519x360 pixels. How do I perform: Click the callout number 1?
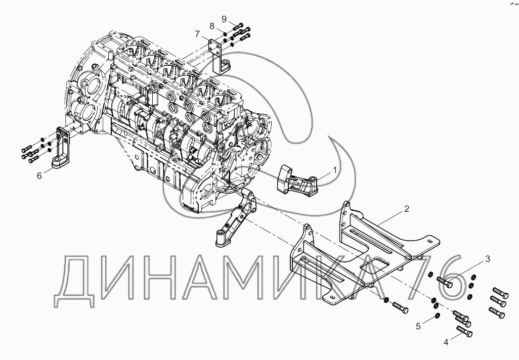click(x=334, y=171)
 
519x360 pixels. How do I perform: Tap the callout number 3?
click(x=488, y=259)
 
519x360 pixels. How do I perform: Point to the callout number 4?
click(x=446, y=342)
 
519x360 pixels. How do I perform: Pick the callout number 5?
click(x=418, y=326)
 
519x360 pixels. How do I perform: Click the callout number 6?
click(x=39, y=175)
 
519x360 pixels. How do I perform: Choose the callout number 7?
click(x=198, y=34)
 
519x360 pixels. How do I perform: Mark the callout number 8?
click(x=212, y=26)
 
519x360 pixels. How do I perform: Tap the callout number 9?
click(x=224, y=19)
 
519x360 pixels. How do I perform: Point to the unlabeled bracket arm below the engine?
click(x=238, y=217)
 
